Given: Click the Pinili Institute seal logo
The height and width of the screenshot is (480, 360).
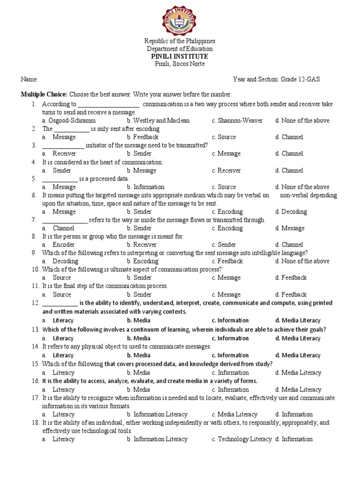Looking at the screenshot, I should pyautogui.click(x=180, y=19).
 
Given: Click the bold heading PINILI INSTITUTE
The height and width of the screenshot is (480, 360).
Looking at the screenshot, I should pyautogui.click(x=180, y=56).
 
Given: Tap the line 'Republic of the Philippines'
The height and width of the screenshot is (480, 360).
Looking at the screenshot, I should pyautogui.click(x=180, y=41).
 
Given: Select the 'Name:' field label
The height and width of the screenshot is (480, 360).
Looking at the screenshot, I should pyautogui.click(x=29, y=80).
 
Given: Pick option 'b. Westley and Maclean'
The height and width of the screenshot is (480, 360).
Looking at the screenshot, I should pyautogui.click(x=158, y=120).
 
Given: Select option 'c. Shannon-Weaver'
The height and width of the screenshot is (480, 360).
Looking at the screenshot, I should pyautogui.click(x=237, y=120).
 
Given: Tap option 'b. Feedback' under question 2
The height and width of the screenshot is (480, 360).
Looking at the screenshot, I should pyautogui.click(x=142, y=137).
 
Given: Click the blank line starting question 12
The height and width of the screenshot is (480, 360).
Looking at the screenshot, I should pyautogui.click(x=60, y=303).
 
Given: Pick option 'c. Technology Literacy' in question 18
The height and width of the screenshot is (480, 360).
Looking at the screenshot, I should pyautogui.click(x=241, y=439).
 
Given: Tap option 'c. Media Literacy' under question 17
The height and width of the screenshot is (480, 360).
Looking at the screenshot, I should pyautogui.click(x=234, y=414).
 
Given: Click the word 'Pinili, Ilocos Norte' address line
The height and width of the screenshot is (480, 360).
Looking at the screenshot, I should pyautogui.click(x=180, y=64).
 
